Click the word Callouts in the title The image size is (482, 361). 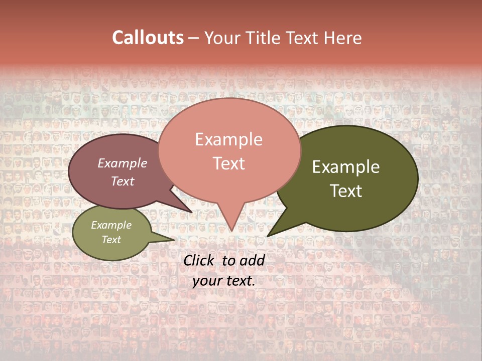click(148, 38)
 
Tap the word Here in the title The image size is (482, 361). click(341, 38)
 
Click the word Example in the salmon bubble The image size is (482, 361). click(228, 139)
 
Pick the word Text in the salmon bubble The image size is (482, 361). click(228, 163)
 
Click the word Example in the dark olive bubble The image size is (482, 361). click(346, 167)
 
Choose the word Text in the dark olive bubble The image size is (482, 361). click(346, 191)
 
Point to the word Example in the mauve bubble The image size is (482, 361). click(122, 163)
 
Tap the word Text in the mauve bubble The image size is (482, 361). click(122, 181)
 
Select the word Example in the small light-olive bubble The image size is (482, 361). click(111, 225)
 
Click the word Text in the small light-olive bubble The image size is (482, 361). click(111, 240)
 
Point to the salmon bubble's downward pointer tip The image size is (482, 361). click(231, 230)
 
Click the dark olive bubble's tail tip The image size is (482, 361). click(268, 236)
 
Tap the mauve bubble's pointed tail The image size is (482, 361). click(191, 212)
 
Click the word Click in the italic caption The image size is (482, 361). click(200, 260)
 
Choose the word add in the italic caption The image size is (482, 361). click(252, 260)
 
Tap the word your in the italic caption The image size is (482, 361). click(207, 281)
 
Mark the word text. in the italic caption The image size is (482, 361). click(240, 281)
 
